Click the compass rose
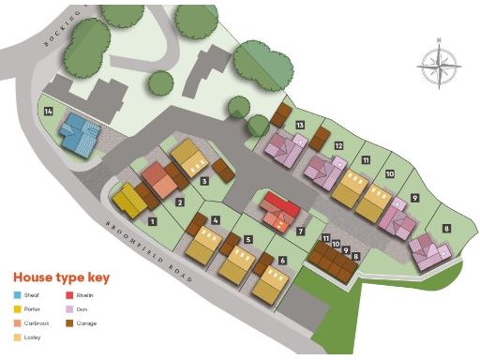435,67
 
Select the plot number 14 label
49,112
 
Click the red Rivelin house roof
281,203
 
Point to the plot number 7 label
300,231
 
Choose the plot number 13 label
300,125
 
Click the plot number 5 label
247,239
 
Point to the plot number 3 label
204,181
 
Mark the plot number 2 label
179,201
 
